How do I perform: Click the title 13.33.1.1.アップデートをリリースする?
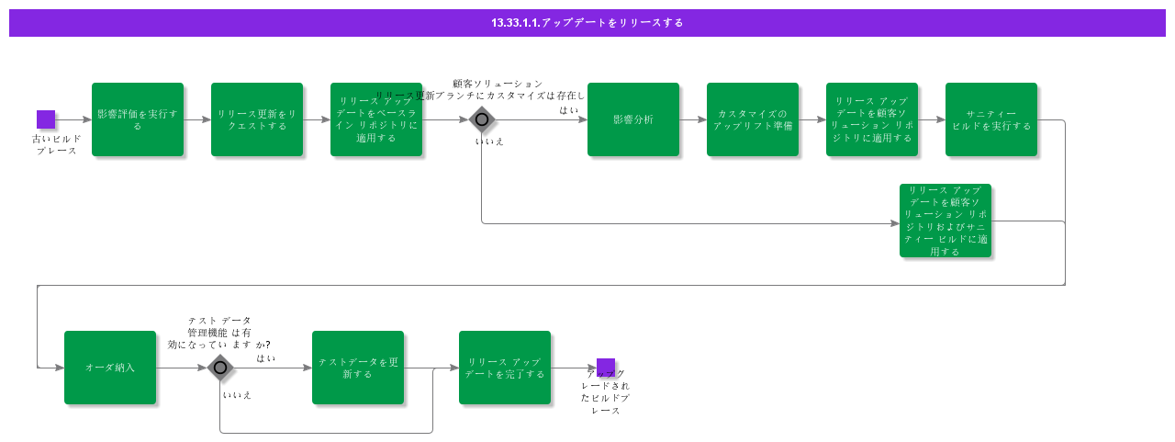point(587,23)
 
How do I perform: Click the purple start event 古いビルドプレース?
point(46,119)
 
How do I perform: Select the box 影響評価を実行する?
point(138,119)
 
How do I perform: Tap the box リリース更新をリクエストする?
point(257,119)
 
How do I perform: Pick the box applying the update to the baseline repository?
point(376,119)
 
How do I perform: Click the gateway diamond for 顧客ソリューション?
point(482,119)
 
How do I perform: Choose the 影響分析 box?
point(633,119)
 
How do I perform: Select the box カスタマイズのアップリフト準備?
point(753,119)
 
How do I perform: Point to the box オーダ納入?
point(110,368)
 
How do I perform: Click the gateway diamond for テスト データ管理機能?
point(220,368)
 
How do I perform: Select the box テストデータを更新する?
point(358,368)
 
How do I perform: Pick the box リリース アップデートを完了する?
point(505,368)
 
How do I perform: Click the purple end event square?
point(606,368)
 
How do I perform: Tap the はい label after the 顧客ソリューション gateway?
point(569,109)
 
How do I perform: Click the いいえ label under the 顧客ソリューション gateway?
point(489,142)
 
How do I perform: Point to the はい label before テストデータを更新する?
point(266,357)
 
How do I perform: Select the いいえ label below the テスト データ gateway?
point(237,395)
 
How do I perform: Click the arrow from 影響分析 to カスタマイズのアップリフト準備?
point(693,119)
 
